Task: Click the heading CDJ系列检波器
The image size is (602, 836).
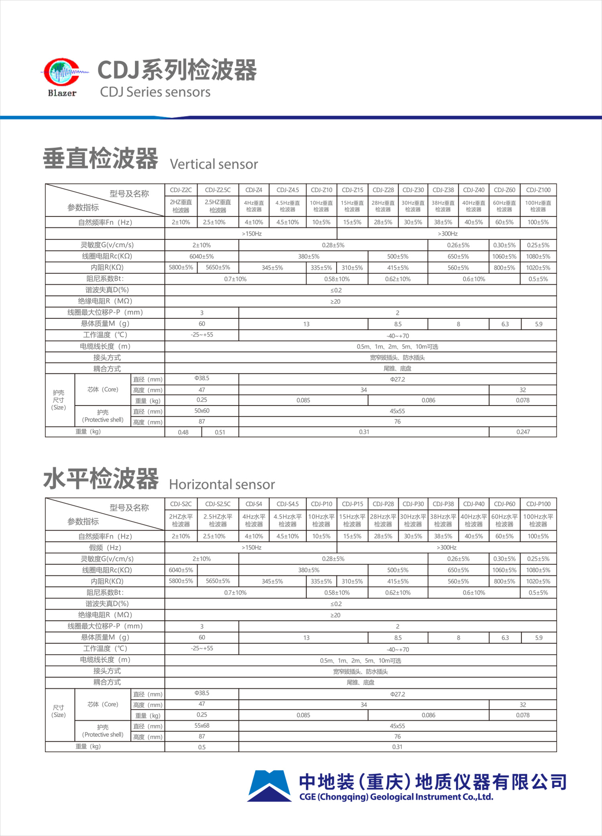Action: click(x=177, y=70)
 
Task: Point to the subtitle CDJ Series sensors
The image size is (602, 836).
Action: click(x=155, y=92)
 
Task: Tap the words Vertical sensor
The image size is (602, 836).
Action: click(x=214, y=164)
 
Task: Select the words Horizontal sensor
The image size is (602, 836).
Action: click(x=222, y=484)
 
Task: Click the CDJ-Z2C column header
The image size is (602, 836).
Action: click(x=181, y=190)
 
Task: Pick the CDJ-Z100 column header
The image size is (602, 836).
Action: click(x=538, y=190)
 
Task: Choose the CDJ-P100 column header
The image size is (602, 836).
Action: click(x=538, y=504)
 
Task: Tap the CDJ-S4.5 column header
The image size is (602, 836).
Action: click(x=288, y=504)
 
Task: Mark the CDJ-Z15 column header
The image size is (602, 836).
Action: click(x=352, y=190)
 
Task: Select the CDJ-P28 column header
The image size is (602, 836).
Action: click(x=383, y=504)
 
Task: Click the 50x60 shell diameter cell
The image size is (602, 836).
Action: click(x=202, y=411)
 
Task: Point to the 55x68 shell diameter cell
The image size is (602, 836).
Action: click(x=202, y=726)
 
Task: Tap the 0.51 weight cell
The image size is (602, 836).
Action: click(x=220, y=432)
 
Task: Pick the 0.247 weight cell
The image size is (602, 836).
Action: click(x=523, y=432)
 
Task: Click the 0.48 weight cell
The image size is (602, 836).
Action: click(x=183, y=432)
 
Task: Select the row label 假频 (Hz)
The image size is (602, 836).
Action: click(x=105, y=548)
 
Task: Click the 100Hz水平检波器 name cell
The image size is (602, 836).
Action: click(x=538, y=520)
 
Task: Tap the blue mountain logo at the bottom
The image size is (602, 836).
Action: click(x=269, y=786)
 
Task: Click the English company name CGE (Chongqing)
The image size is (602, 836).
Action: click(x=396, y=797)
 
